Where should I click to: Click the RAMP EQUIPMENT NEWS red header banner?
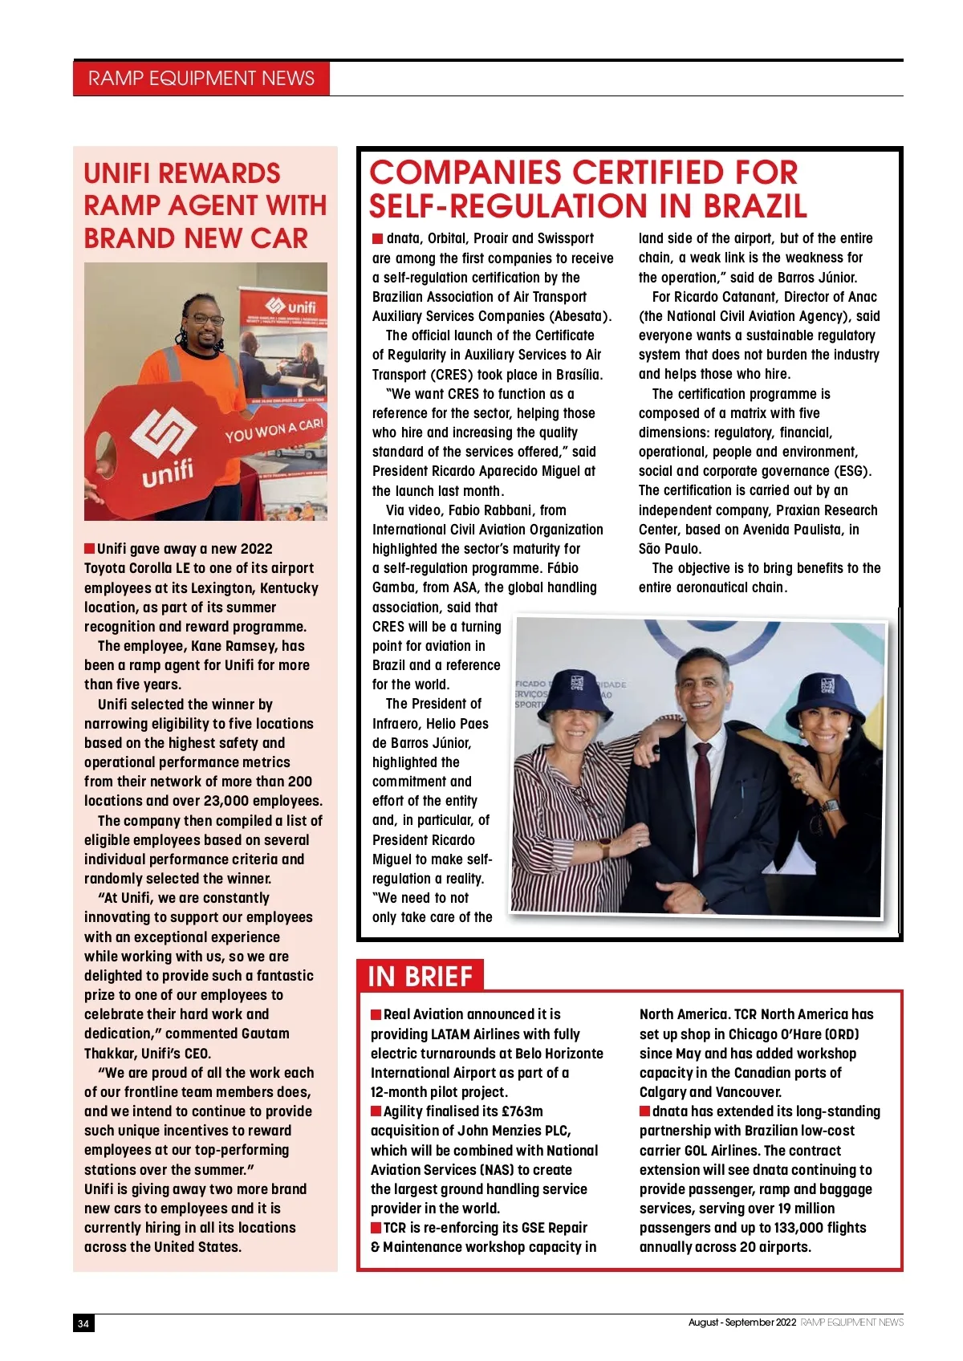pos(201,78)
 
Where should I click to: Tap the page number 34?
pos(83,1323)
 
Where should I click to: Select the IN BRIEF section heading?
pos(420,976)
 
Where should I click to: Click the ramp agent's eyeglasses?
pos(208,319)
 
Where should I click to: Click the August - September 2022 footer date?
pos(742,1322)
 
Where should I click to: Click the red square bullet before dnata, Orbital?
pos(377,238)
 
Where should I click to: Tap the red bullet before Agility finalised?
pos(376,1111)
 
